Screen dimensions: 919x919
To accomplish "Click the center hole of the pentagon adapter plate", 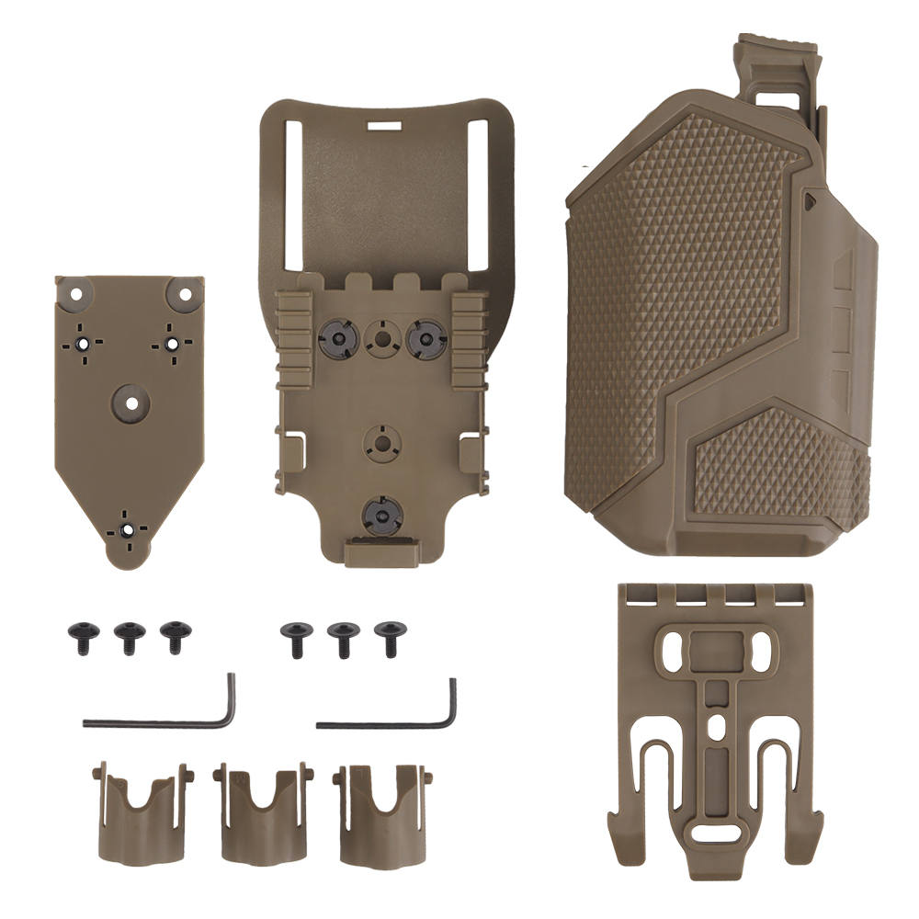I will (130, 402).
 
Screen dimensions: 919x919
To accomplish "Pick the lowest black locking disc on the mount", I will (380, 512).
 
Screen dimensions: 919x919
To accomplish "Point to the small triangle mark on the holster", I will (809, 197).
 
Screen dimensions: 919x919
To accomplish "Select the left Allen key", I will (165, 712).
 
